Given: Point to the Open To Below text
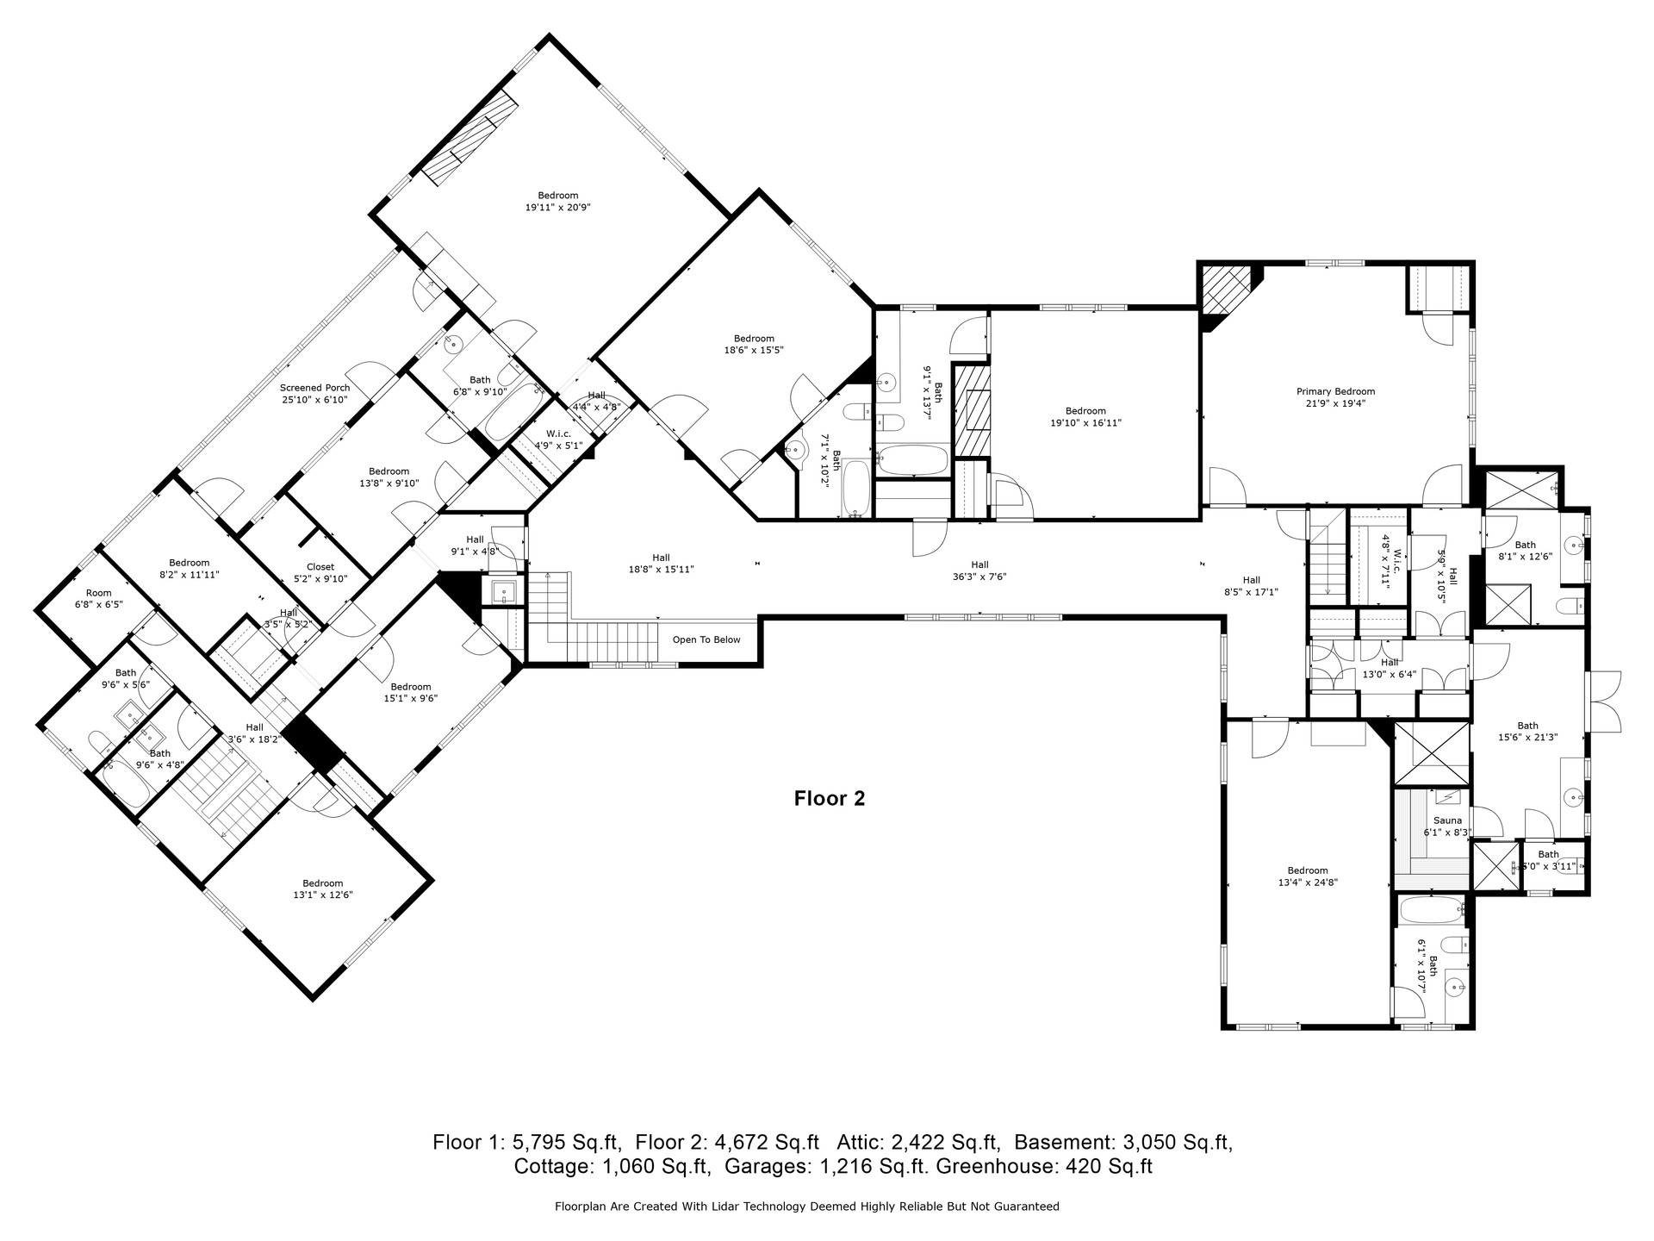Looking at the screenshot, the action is click(706, 639).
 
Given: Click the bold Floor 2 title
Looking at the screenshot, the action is click(830, 799).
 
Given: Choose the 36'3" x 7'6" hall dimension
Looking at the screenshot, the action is click(979, 577).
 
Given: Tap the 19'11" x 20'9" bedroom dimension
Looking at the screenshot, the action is click(558, 207).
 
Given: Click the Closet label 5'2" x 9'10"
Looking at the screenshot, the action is click(320, 572).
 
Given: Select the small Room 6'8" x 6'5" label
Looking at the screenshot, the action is click(98, 599).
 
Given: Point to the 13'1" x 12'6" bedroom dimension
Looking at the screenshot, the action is click(323, 895).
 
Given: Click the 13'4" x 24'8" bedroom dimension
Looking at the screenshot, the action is click(1308, 882).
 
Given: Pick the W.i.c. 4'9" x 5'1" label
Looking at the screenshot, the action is click(558, 440).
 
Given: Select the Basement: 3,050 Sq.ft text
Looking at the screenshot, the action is click(1123, 1143).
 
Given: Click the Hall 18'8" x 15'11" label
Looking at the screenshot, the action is click(661, 564).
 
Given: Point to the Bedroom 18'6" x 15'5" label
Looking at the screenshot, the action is click(754, 344).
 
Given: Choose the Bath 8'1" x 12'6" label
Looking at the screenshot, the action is click(1526, 551).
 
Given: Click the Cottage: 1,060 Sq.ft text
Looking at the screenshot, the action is click(612, 1167).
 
